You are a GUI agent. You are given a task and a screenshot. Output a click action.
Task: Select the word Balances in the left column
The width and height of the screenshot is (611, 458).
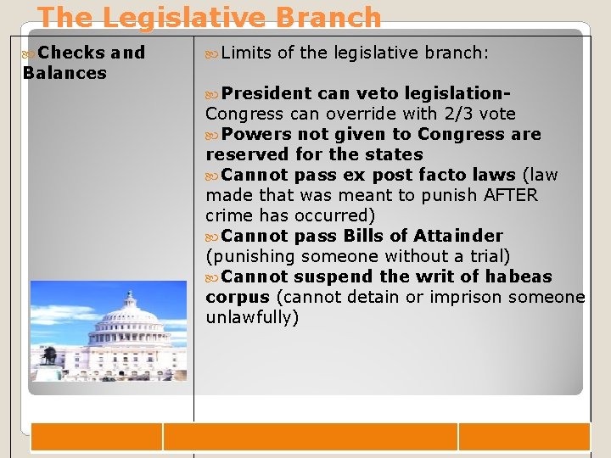[64, 73]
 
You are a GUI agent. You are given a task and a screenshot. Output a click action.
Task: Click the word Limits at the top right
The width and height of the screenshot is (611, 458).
[246, 53]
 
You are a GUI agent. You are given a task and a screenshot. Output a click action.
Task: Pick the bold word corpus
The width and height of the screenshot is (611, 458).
[237, 297]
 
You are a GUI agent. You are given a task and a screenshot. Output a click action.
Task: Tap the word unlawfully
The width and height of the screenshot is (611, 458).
[252, 317]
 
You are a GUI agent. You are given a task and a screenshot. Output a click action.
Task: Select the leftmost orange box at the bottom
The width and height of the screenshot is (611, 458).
[96, 437]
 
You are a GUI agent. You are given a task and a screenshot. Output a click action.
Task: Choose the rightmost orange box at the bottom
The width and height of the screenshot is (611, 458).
[524, 437]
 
